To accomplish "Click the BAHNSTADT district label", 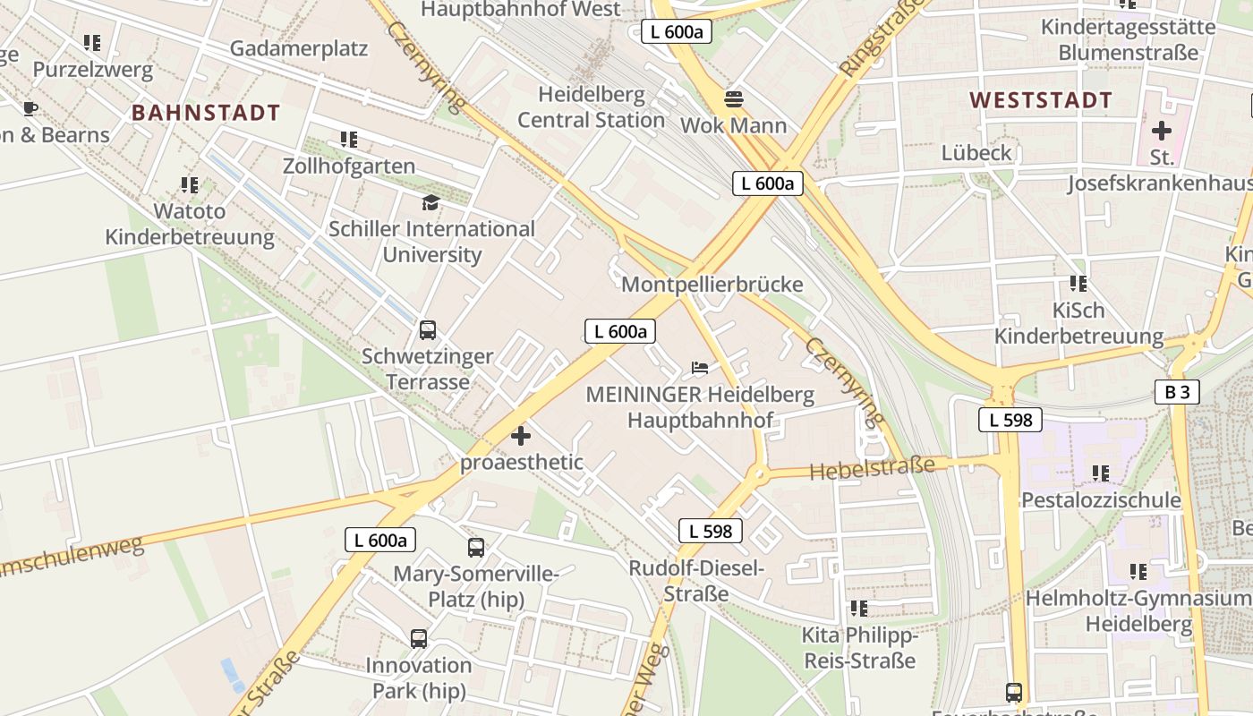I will [x=206, y=113].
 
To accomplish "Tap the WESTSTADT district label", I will [x=1041, y=100].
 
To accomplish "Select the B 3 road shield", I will [x=1176, y=391].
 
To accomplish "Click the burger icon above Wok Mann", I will [x=734, y=98].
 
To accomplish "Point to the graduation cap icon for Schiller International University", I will [x=430, y=202].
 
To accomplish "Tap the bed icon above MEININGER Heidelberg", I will [x=700, y=367].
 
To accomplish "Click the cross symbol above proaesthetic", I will [x=520, y=436].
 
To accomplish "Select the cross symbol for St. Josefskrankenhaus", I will [x=1161, y=131].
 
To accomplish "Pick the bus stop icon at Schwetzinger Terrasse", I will [x=428, y=329].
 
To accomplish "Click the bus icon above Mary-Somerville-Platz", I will [x=476, y=547].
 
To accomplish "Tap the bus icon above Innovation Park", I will [x=419, y=638].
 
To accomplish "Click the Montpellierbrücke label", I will [x=712, y=285].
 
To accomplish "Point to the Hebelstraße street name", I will [x=872, y=467].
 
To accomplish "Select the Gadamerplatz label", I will [x=299, y=48].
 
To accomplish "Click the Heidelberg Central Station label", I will [x=591, y=107].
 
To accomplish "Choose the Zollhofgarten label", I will [x=349, y=166].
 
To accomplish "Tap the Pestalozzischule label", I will [x=1101, y=499].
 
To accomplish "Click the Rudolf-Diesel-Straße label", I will [x=696, y=580].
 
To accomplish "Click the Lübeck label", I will [x=976, y=152].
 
